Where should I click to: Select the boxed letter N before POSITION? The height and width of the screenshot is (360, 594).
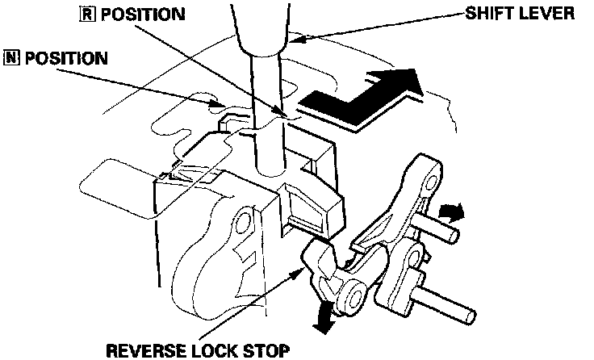coord(11,58)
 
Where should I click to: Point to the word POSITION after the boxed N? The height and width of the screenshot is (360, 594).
coord(64,58)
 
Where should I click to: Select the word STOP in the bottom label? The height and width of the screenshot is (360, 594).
coord(261,350)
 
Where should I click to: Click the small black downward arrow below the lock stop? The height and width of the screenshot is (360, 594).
coord(324,317)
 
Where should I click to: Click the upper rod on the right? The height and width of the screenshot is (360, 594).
coord(440,228)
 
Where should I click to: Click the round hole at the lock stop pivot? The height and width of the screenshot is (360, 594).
coord(352,299)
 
